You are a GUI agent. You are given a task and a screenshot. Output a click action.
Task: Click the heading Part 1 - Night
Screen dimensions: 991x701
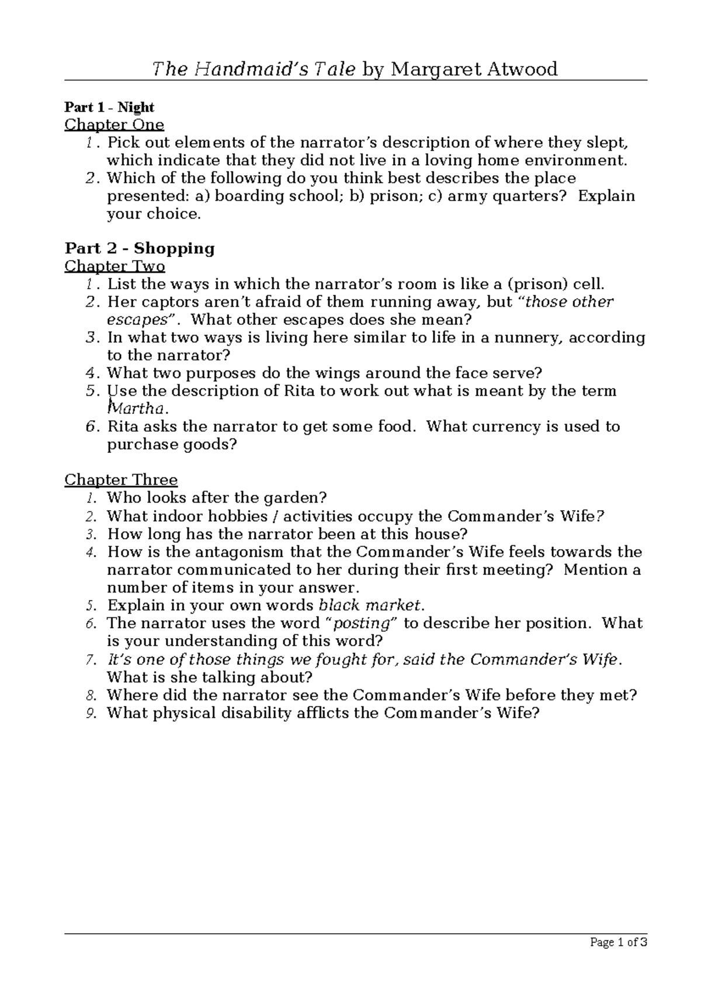(x=109, y=107)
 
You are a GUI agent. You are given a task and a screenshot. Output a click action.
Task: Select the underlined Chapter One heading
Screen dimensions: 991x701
(x=114, y=124)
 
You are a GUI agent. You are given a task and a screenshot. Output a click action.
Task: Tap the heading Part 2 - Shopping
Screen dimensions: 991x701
(x=140, y=248)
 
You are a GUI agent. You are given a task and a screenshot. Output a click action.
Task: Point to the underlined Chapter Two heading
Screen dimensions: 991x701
(x=114, y=266)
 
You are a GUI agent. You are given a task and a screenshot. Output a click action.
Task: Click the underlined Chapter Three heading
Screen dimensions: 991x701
(x=121, y=480)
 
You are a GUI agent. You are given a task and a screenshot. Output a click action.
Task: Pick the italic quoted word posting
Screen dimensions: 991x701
(x=360, y=623)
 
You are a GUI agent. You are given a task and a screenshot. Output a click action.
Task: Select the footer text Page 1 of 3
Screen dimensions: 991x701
(x=619, y=943)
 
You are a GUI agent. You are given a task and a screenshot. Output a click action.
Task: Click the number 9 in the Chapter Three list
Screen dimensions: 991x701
(x=90, y=713)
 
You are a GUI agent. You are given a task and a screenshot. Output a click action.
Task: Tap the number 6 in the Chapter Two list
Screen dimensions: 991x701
(x=89, y=427)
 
